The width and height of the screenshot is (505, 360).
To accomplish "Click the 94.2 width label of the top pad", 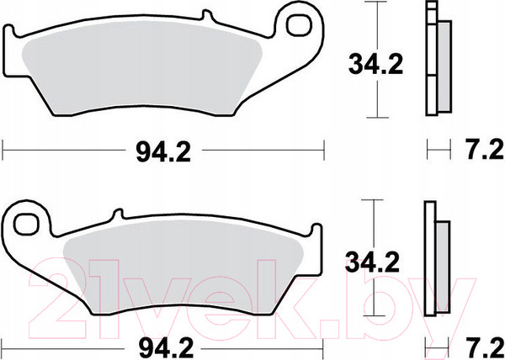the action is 163,152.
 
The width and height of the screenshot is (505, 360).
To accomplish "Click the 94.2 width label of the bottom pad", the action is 166,348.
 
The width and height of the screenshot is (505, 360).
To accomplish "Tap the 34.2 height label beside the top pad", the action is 376,65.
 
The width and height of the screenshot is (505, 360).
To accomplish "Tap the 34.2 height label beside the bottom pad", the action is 372,262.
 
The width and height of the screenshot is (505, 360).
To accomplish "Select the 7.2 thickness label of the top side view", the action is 485,150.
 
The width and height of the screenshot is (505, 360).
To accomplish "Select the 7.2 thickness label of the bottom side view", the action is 485,348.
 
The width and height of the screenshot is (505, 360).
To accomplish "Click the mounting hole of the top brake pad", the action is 300,25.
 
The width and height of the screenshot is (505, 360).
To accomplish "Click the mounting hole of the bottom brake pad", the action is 27,225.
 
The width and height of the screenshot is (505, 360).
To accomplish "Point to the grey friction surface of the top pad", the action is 141,68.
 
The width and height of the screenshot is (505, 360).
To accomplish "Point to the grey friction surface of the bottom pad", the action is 183,267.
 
